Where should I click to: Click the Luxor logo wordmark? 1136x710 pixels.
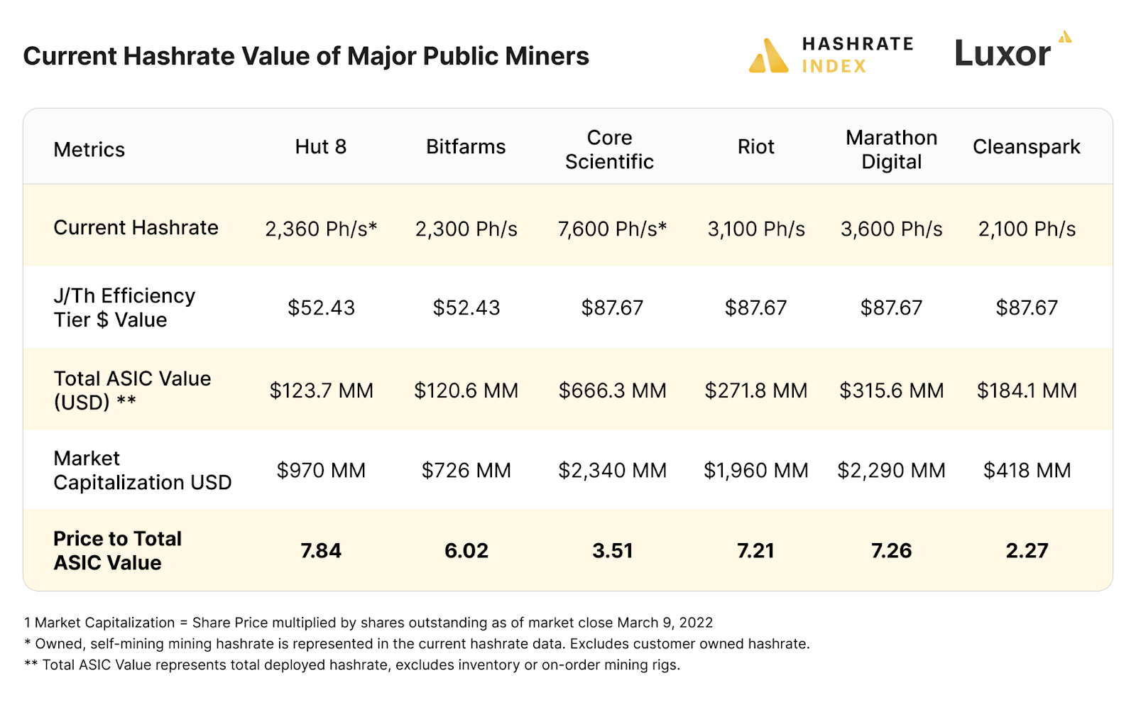coord(1003,54)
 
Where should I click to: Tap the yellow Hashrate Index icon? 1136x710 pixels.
coord(768,56)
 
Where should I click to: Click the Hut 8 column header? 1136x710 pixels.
coord(320,147)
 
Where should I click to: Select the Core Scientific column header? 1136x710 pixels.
coord(609,150)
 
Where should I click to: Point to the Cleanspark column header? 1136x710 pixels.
coord(1026,147)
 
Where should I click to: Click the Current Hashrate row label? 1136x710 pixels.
coord(136,228)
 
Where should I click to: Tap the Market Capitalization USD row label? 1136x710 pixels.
coord(142,470)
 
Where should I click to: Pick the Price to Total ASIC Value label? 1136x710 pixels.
coord(117,550)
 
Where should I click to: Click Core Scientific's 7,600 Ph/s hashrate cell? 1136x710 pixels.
coord(611,229)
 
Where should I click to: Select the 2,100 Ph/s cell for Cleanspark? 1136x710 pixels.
coord(1027,229)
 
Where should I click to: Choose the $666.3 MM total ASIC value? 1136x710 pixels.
coord(612,390)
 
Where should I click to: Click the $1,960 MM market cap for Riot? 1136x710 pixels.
coord(755,470)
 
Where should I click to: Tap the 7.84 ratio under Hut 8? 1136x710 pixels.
coord(321,551)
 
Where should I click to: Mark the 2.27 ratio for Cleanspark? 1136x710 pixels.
coord(1027,551)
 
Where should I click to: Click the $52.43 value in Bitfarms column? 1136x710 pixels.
coord(466,307)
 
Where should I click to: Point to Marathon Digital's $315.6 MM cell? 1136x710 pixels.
coord(891,390)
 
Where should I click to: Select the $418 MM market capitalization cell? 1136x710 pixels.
coord(1027,470)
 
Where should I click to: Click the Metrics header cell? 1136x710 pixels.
coord(89,150)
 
